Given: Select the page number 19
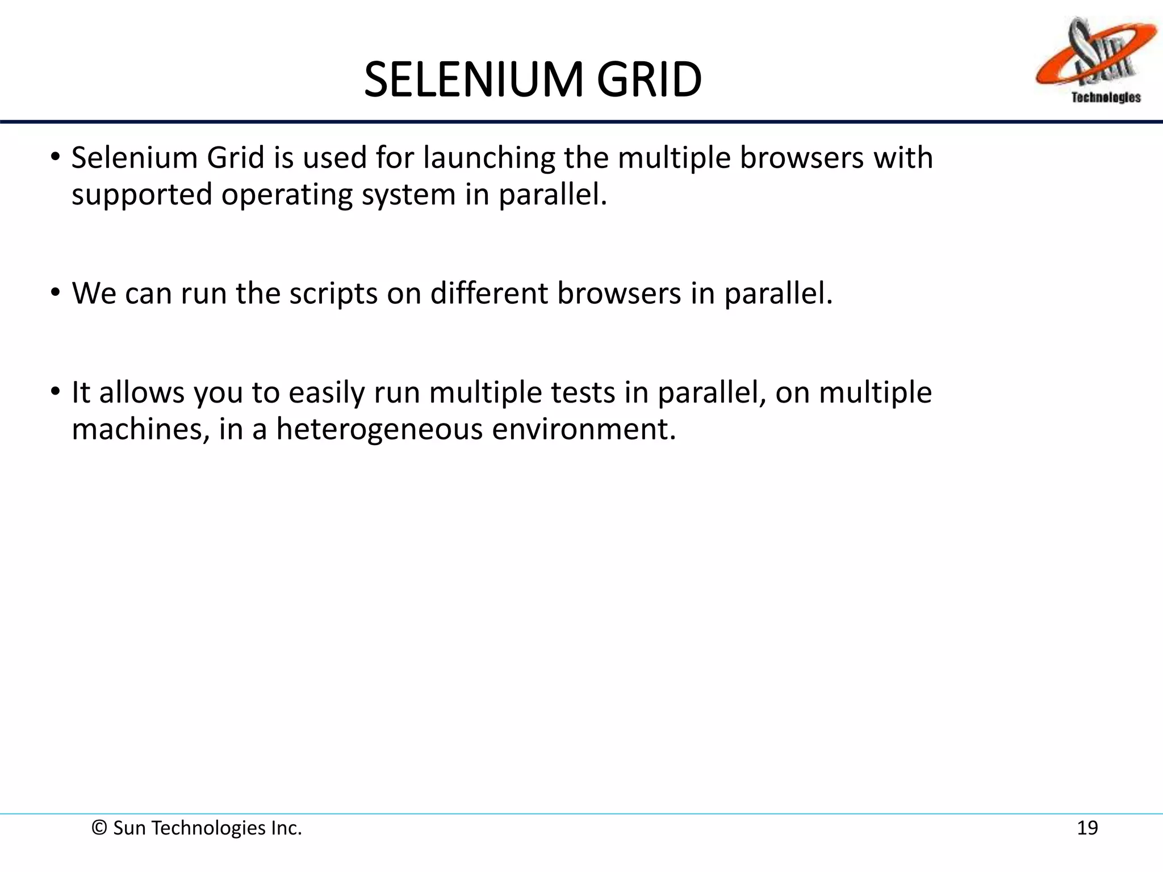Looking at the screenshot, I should pos(1087,828).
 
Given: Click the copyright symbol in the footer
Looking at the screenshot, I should pos(99,828).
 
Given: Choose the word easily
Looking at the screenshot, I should pos(326,393).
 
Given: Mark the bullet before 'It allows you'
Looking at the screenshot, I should pos(55,392).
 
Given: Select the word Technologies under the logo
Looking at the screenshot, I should pos(1106,98).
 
